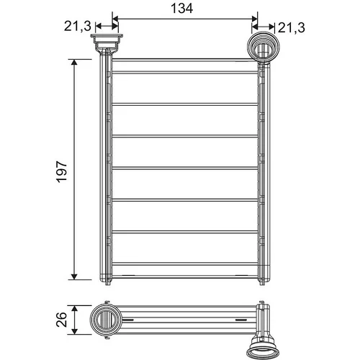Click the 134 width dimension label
181,9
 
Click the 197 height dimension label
62,172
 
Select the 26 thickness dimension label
62,320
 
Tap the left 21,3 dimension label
78,26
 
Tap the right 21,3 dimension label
292,28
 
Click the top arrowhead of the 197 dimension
74,62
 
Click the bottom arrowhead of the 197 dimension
74,276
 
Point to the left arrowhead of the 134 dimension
115,19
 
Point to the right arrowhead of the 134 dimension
254,19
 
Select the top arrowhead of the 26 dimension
75,308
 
